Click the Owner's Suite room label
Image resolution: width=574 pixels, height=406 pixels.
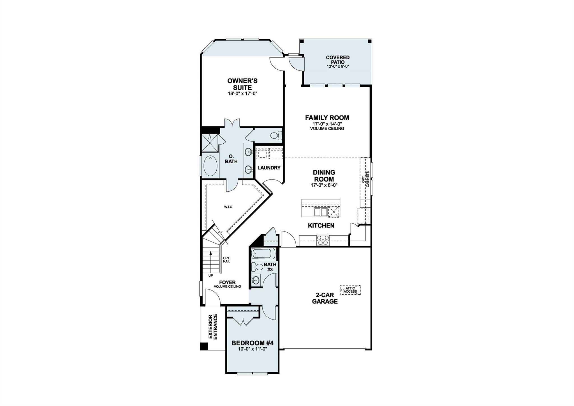coord(242,84)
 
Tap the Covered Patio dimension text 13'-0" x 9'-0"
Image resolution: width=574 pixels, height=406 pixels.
coord(337,66)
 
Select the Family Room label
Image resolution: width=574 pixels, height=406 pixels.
coord(327,118)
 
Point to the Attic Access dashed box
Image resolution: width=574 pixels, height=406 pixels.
coord(350,290)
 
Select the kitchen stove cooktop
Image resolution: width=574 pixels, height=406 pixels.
coord(323,240)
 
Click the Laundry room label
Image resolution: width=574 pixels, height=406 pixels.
coord(269,168)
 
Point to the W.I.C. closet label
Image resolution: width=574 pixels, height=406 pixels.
coord(228,207)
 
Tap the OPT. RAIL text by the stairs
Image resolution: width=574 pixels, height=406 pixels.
coord(226,260)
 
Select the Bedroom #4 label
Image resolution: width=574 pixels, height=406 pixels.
coord(252,343)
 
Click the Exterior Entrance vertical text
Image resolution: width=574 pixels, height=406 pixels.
coord(213,327)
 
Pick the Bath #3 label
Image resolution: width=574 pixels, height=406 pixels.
coord(270,267)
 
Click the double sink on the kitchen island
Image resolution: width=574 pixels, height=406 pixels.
coord(320,212)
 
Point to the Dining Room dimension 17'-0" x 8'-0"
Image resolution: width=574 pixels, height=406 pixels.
coord(324,185)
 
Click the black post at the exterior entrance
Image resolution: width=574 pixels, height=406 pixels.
coord(204,347)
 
